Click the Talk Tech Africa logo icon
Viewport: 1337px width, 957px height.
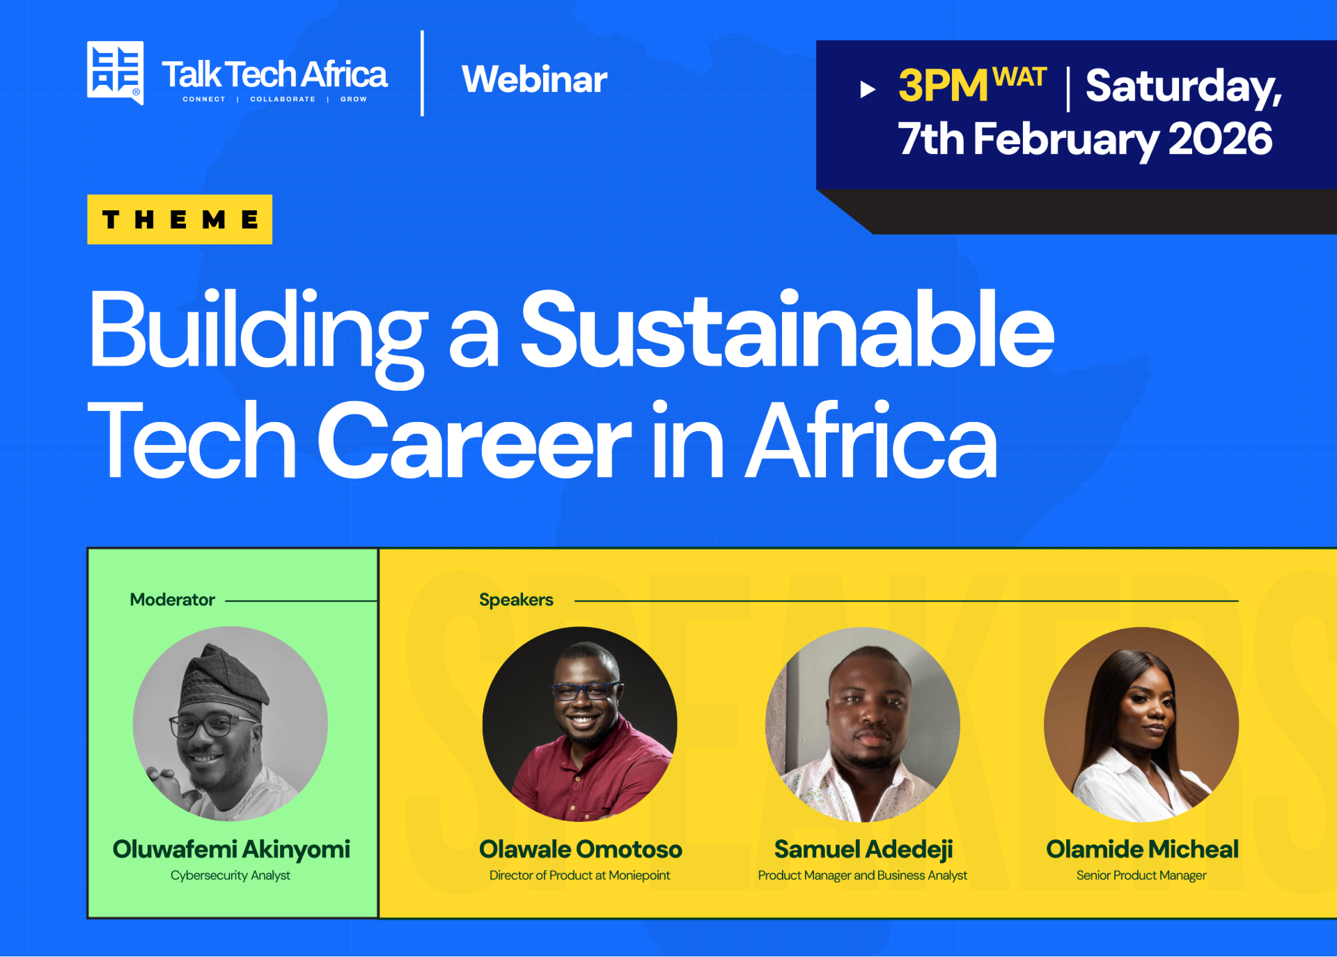point(115,72)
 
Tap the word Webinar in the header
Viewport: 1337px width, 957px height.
point(534,79)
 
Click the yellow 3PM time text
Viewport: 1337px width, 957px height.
point(943,86)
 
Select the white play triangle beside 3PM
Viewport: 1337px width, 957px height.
point(868,89)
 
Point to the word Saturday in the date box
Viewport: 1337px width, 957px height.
point(1183,87)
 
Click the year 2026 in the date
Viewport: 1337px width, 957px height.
point(1220,139)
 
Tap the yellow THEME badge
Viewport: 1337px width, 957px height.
point(180,219)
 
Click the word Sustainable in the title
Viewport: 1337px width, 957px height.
point(788,329)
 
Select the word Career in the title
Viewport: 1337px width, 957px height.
point(474,440)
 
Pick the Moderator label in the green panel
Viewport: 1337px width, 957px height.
point(172,600)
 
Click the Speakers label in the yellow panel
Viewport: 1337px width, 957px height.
point(516,600)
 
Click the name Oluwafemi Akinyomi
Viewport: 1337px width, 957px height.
point(231,850)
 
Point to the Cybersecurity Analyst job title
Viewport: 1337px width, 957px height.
point(230,876)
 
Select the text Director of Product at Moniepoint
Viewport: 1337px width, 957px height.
point(579,876)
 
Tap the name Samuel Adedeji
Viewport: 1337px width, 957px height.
point(863,850)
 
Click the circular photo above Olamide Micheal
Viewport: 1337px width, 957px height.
point(1141,724)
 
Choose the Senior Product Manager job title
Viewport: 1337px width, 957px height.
point(1141,876)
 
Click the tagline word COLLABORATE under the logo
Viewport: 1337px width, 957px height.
point(283,100)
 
